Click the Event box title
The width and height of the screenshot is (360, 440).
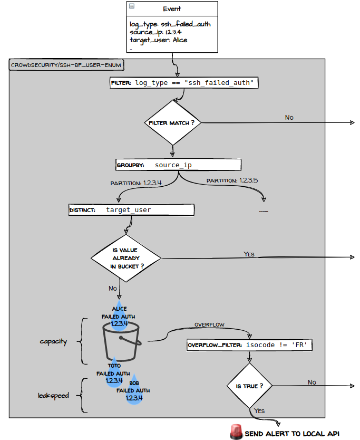click(x=172, y=9)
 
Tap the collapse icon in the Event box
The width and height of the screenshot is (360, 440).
click(x=132, y=6)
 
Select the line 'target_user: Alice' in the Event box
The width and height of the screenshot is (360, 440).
click(x=158, y=40)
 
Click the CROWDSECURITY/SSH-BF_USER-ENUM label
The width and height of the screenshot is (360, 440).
click(x=66, y=66)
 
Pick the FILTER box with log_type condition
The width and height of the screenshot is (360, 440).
click(x=184, y=83)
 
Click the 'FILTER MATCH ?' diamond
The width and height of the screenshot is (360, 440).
click(x=172, y=122)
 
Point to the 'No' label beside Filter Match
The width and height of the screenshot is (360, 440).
click(x=289, y=117)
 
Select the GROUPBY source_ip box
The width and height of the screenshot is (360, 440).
click(x=178, y=165)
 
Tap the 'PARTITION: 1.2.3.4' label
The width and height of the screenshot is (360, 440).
click(x=136, y=183)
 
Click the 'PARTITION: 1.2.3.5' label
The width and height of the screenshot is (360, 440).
click(x=232, y=180)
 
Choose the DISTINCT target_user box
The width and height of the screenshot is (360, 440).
click(x=131, y=210)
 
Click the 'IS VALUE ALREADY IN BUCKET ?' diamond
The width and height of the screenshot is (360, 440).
click(x=126, y=258)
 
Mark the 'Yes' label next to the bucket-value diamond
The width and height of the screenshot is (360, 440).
click(x=249, y=254)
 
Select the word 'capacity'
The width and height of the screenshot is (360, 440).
click(x=53, y=341)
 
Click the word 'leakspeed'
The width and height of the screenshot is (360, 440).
click(x=53, y=395)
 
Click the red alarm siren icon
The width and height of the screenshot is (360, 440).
click(x=236, y=432)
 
